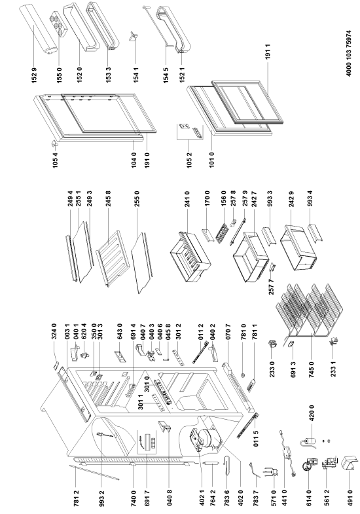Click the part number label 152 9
pyautogui.click(x=35, y=75)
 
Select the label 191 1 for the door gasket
pyautogui.click(x=268, y=51)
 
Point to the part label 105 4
pyautogui.click(x=55, y=160)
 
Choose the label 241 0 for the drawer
pyautogui.click(x=187, y=199)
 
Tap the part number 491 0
pyautogui.click(x=350, y=498)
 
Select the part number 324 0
pyautogui.click(x=54, y=331)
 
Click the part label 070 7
pyautogui.click(x=228, y=331)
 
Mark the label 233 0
pyautogui.click(x=272, y=369)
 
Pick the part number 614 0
pyautogui.click(x=308, y=498)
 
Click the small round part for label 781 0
pyautogui.click(x=243, y=375)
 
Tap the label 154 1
pyautogui.click(x=136, y=75)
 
